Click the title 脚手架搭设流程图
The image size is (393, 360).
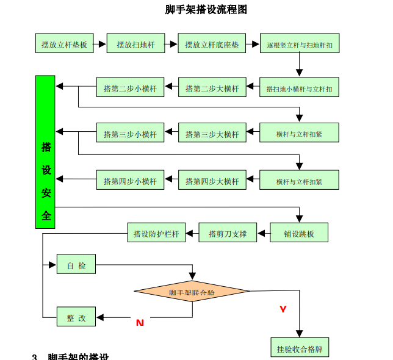[206, 10]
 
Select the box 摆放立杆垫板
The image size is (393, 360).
[64, 44]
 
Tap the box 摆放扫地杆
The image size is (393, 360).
[136, 44]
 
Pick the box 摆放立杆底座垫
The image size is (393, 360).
[212, 44]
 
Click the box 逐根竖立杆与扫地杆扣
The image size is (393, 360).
[299, 44]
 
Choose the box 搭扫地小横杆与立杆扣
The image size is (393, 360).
[299, 88]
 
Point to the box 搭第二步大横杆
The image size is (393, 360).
[212, 88]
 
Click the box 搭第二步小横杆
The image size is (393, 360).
[130, 88]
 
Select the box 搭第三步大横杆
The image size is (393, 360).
[212, 133]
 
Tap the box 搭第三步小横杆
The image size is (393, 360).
[130, 133]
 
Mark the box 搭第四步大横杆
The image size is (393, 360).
[212, 180]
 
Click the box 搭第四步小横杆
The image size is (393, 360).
[130, 180]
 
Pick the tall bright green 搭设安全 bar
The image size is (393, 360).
[46, 152]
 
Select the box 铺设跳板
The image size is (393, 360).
[299, 232]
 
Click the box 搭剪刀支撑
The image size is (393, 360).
[228, 232]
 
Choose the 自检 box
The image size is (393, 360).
[76, 265]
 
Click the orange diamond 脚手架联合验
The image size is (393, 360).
[192, 292]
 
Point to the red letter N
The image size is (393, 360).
[140, 322]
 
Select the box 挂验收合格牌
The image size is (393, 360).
[299, 348]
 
